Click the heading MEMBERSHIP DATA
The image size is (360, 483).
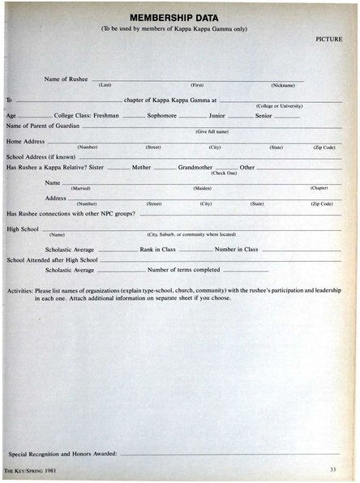tap(179, 17)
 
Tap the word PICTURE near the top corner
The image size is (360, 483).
tap(328, 38)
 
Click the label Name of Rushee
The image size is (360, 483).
tap(66, 79)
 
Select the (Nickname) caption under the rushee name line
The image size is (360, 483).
tap(283, 85)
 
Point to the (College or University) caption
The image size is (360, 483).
tap(279, 106)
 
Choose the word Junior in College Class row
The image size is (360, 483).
tap(216, 116)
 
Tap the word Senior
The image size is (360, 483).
tap(264, 116)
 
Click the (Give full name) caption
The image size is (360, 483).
tap(212, 131)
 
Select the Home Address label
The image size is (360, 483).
tap(25, 141)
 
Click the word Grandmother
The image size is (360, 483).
tap(195, 167)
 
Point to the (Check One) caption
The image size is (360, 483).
tap(224, 173)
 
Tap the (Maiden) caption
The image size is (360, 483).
tap(202, 188)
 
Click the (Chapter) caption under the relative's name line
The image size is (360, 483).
tap(319, 188)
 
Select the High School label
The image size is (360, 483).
tap(23, 229)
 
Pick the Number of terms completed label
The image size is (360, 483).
tap(184, 269)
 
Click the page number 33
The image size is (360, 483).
tap(333, 470)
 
